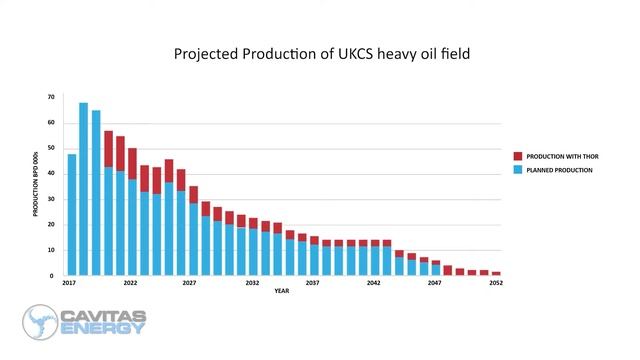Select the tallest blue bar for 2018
pyautogui.click(x=84, y=190)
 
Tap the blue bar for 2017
pyautogui.click(x=72, y=215)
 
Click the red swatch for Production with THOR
pyautogui.click(x=517, y=156)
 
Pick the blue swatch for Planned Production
pyautogui.click(x=517, y=170)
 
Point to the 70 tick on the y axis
pyautogui.click(x=51, y=97)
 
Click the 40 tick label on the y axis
pyautogui.click(x=51, y=174)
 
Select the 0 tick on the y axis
pyautogui.click(x=53, y=276)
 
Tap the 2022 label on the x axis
pyautogui.click(x=132, y=284)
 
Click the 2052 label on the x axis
pyautogui.click(x=495, y=284)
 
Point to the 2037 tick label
pyautogui.click(x=314, y=284)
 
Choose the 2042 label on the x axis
pyautogui.click(x=374, y=284)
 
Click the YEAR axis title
pyautogui.click(x=283, y=292)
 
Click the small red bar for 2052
pyautogui.click(x=496, y=273)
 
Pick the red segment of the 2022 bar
pyautogui.click(x=132, y=163)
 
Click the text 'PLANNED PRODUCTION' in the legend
pyautogui.click(x=560, y=170)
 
